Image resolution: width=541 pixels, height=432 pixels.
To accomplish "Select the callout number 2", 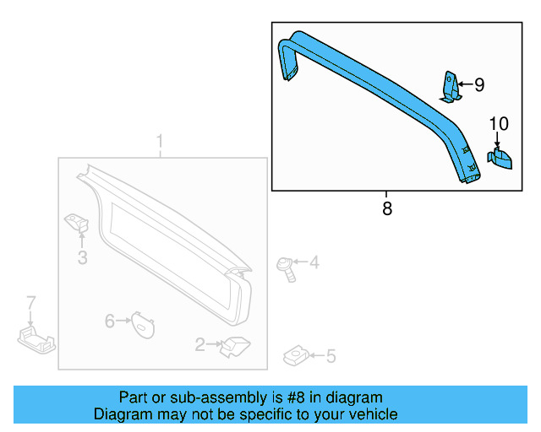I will [x=200, y=344].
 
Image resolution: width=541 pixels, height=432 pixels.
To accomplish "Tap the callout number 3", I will [x=82, y=258].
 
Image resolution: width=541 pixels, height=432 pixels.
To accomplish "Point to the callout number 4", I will [x=314, y=263].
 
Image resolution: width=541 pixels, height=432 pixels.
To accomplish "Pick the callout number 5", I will [x=331, y=357].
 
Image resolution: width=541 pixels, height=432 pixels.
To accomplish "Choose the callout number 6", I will [x=109, y=321].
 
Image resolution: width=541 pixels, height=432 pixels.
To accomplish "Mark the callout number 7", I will [x=30, y=303].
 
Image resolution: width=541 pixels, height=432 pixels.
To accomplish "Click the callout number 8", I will [x=387, y=208].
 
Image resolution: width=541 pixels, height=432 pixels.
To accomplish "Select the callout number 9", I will [x=478, y=84].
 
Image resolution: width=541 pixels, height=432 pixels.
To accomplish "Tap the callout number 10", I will [x=499, y=124].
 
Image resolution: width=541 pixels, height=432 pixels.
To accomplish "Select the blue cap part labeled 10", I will [x=501, y=159].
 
